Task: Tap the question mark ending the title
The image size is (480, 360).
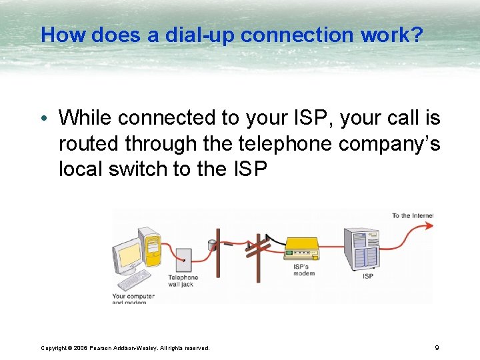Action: [417, 35]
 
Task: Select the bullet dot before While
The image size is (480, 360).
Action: [45, 119]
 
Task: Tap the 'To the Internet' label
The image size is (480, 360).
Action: [412, 215]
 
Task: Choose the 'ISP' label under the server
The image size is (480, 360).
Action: [367, 276]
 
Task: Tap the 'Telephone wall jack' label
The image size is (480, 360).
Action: [183, 281]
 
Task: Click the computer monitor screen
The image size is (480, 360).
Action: [127, 255]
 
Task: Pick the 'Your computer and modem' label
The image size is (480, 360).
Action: [133, 299]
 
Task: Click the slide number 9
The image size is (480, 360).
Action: [436, 347]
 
